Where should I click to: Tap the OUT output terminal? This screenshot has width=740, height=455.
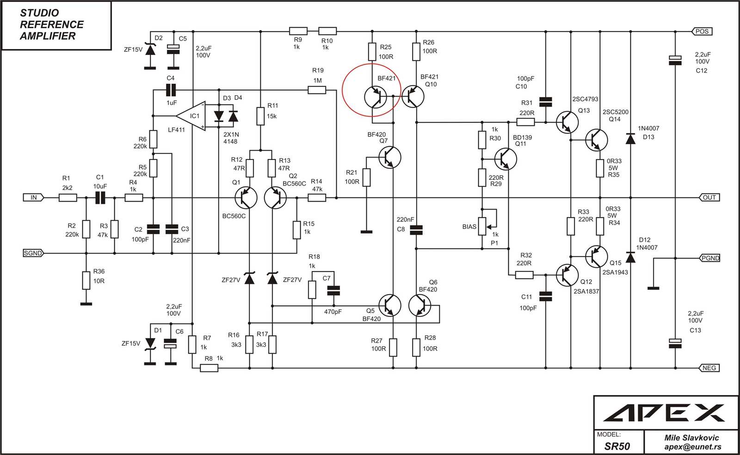[709, 197]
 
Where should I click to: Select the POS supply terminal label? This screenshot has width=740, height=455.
[702, 31]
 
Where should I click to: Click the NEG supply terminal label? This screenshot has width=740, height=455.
[709, 368]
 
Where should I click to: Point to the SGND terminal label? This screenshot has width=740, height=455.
[33, 253]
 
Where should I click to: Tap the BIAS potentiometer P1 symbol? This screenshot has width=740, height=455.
[482, 226]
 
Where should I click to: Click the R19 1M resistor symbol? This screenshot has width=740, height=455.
[317, 90]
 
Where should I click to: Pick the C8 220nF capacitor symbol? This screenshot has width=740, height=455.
[416, 230]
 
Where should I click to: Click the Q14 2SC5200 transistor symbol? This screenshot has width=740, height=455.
[597, 140]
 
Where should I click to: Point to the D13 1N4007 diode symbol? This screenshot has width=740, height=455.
[630, 138]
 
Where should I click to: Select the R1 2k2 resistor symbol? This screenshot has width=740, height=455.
[68, 197]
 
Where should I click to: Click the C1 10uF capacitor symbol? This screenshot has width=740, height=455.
[100, 197]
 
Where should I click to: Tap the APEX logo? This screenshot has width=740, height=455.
[664, 412]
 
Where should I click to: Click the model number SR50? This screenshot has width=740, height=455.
[617, 446]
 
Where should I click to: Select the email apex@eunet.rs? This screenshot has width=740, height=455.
[692, 447]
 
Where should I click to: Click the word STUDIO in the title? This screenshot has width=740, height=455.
[39, 13]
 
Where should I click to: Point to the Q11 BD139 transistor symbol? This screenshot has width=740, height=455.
[505, 159]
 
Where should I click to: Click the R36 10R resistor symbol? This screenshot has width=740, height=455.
[86, 280]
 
